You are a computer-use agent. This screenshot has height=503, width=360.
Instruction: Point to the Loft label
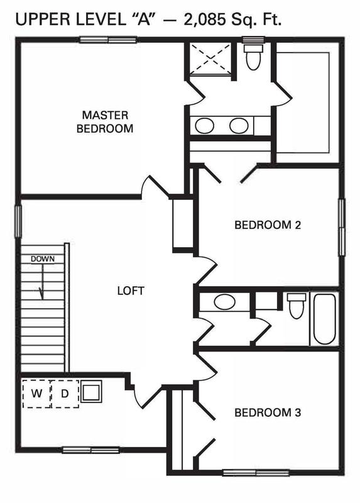point(131,290)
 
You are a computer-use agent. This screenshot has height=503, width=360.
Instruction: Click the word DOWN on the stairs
point(43,258)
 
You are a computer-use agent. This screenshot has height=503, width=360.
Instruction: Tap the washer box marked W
point(36,394)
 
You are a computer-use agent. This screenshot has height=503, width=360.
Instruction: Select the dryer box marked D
point(65,394)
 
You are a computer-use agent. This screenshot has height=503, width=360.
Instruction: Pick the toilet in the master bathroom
point(254,58)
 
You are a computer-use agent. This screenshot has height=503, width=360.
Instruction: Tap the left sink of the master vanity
point(204,125)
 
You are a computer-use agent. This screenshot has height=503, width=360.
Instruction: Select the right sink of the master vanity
point(238,125)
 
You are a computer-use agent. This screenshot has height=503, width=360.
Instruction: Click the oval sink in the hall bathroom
point(224,302)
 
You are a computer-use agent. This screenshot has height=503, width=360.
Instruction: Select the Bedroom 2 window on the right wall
point(342,227)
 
